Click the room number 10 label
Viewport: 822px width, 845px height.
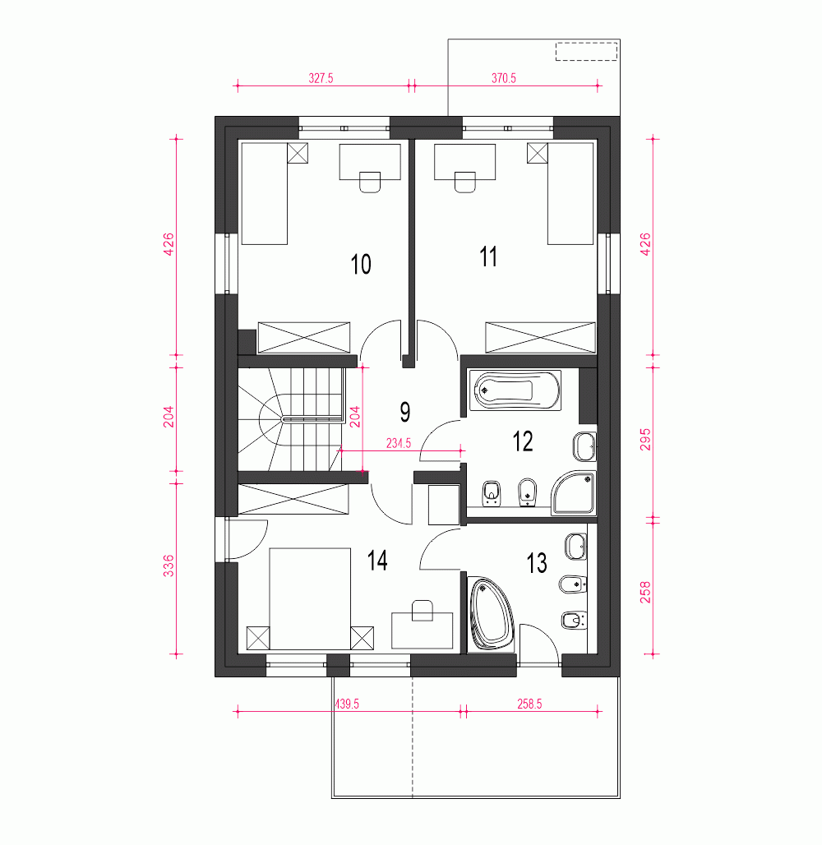click(361, 265)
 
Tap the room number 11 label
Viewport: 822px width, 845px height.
click(488, 256)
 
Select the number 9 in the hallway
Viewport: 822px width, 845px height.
click(405, 412)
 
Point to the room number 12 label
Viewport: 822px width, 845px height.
click(523, 441)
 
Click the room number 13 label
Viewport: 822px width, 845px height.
click(536, 563)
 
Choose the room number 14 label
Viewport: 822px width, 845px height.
click(377, 561)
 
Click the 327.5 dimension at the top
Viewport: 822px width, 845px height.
click(321, 78)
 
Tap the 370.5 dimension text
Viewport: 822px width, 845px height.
click(503, 78)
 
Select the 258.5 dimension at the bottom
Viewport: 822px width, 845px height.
click(529, 704)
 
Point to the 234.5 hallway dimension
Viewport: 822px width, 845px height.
click(399, 443)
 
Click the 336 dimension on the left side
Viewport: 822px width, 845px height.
click(169, 566)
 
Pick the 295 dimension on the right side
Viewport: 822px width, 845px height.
click(645, 440)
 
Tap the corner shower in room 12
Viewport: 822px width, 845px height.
click(575, 493)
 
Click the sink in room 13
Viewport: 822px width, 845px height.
click(575, 547)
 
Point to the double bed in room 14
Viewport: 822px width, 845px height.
click(310, 598)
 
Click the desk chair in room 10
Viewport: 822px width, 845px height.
click(370, 182)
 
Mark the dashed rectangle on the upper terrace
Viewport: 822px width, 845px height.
click(586, 51)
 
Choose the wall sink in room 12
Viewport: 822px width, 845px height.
click(584, 447)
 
